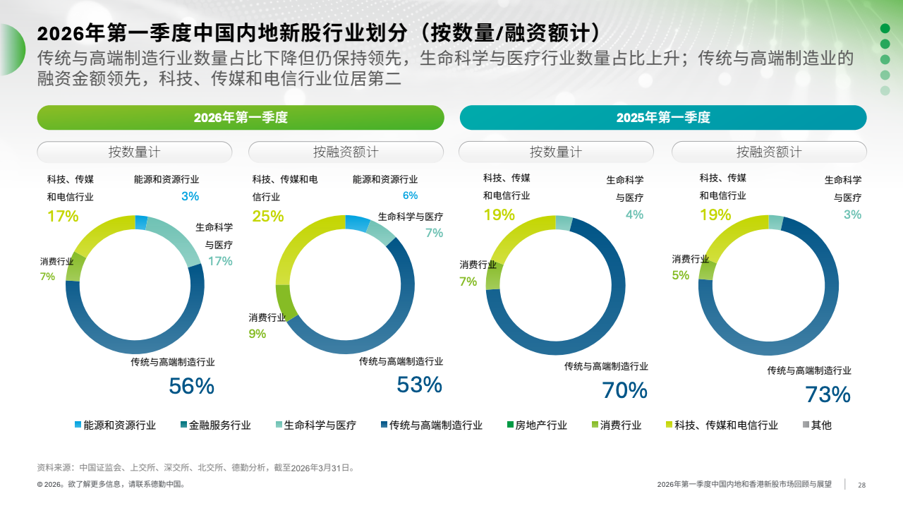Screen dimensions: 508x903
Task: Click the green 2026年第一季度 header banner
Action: coord(241,118)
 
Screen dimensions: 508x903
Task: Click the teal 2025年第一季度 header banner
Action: coord(663,118)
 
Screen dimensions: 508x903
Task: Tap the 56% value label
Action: coord(191,387)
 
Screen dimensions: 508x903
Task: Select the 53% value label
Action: coord(419,385)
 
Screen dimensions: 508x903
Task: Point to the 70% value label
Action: coord(624,390)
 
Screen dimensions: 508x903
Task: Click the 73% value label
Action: coord(828,395)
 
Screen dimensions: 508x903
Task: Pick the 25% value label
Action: coord(268,217)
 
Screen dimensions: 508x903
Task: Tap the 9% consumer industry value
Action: coord(257,334)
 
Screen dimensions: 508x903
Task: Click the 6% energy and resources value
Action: coord(410,195)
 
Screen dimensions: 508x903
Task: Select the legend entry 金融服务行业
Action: coord(215,425)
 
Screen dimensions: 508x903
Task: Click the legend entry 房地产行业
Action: coord(536,425)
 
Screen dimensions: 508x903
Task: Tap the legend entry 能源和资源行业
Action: coord(115,425)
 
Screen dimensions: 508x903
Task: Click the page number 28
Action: coord(861,485)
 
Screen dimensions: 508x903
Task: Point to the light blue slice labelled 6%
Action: coord(358,223)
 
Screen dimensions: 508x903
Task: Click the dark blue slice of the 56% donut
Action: coord(134,339)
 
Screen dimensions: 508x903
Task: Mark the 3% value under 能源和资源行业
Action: coord(190,196)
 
